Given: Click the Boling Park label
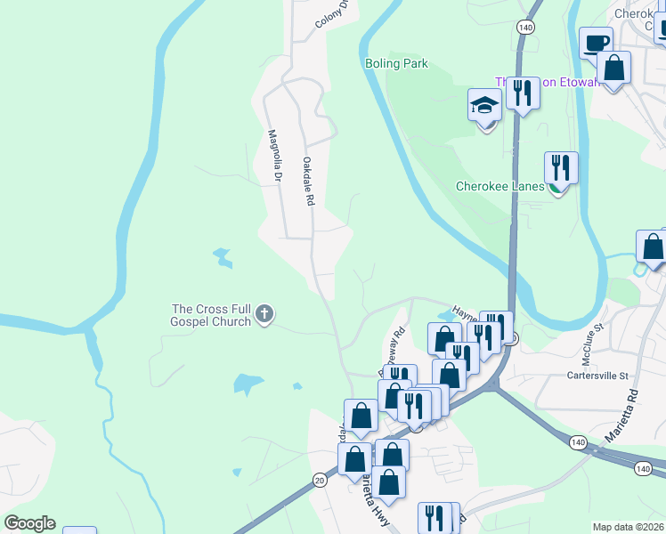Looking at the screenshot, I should point(396,64).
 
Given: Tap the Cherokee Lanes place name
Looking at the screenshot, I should point(499,187).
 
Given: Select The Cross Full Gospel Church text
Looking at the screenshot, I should point(211,315).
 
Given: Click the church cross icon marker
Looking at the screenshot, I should point(264,314).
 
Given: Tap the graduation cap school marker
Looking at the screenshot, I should point(485,108).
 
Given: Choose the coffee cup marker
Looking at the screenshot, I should point(596,42).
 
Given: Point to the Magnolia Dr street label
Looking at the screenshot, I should point(275,158).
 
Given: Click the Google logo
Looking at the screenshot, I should point(29,523).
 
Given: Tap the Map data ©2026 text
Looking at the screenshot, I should point(628,528).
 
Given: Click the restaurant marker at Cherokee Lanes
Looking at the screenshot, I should point(561,167).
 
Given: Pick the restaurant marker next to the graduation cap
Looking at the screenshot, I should point(523,93).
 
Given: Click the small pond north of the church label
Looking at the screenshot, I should point(221,258).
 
